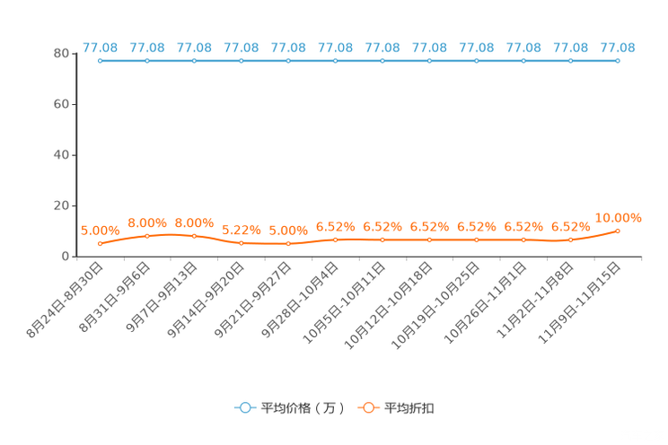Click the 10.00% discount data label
pos(618,218)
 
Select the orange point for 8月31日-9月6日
pos(147,236)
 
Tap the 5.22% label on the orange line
pos(242,231)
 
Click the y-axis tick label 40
pos(61,155)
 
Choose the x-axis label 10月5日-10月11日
pos(344,302)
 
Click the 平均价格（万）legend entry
pos(290,408)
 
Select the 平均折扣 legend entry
pos(396,408)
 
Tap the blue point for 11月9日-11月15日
pos(618,61)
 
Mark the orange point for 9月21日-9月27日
pos(288,243)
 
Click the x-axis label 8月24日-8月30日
pos(65,301)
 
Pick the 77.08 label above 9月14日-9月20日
pos(242,48)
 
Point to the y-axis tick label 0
pos(66,257)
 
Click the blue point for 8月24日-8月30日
pos(101,61)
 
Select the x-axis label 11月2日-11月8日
pos(535,301)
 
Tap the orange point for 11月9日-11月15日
pos(618,231)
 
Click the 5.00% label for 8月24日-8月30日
pos(101,231)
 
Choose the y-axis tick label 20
pos(61,205)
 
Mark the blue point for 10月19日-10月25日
pos(476,61)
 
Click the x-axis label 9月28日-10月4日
pos(300,301)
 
